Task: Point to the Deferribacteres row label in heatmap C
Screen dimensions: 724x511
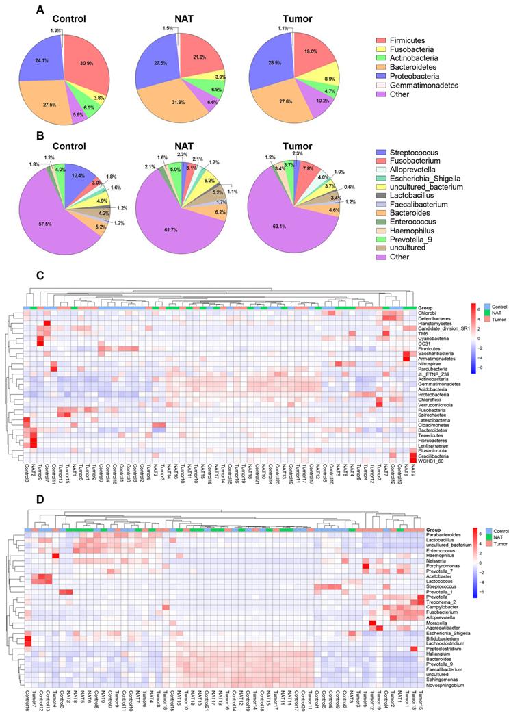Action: pos(435,318)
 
